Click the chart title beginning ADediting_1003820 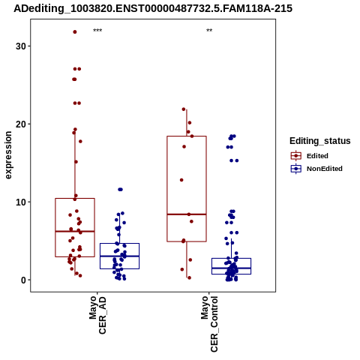coord(153,8)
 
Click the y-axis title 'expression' coord(8,155)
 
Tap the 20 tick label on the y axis coord(20,124)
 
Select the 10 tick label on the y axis coord(20,202)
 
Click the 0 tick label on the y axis coord(23,280)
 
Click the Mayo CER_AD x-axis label coord(97,315)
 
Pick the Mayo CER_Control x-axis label coord(209,324)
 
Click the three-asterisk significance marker coord(97,31)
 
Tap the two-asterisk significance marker coord(209,31)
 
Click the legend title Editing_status coord(320,141)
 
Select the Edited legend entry coord(310,156)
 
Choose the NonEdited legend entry coord(316,169)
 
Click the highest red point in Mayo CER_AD coord(75,31)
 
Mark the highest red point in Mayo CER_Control coord(184,109)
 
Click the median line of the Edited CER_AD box coord(75,232)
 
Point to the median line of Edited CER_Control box coord(187,214)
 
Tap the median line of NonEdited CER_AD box coord(119,256)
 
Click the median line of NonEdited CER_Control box coord(231,268)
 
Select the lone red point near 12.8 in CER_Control coord(181,180)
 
